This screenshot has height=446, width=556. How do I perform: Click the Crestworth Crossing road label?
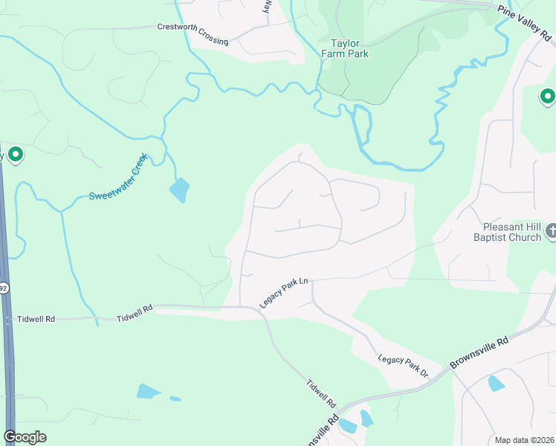click(193, 33)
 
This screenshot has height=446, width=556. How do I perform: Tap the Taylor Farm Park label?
click(345, 48)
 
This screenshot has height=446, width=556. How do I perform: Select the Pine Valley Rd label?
click(526, 22)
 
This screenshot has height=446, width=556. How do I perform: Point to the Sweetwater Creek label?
click(119, 177)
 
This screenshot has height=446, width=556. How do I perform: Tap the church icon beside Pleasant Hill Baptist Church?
click(550, 231)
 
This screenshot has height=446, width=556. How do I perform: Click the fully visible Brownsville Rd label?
click(479, 353)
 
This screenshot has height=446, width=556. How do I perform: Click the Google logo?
click(25, 437)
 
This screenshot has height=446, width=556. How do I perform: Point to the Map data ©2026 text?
click(524, 440)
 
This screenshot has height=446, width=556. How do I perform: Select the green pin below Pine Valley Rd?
click(547, 97)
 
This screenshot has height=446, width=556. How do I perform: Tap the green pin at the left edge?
click(15, 155)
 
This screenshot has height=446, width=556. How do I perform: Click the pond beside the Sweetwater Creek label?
click(180, 190)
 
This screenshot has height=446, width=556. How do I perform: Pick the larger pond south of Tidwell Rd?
click(149, 391)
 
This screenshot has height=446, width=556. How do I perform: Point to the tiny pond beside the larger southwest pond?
click(175, 398)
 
